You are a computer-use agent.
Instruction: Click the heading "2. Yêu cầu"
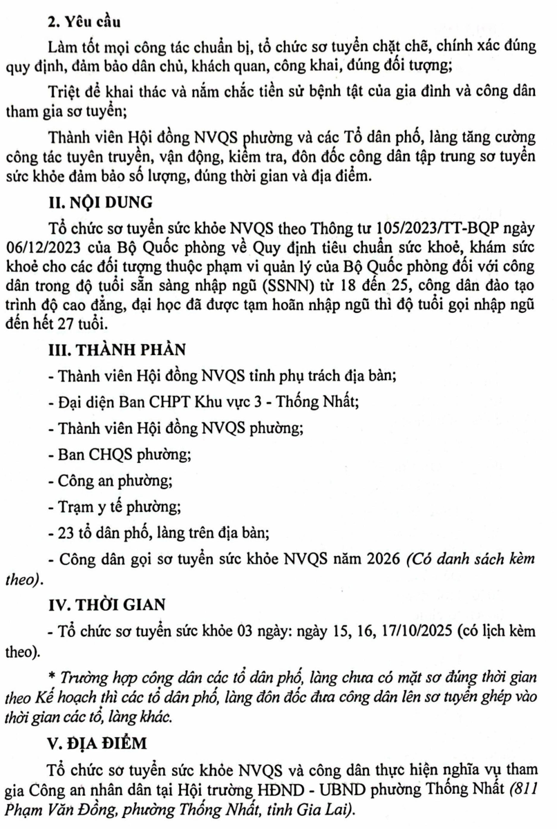[x=77, y=21]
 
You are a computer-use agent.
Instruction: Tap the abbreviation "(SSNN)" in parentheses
[x=278, y=283]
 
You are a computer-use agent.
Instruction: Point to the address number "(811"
[x=520, y=787]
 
